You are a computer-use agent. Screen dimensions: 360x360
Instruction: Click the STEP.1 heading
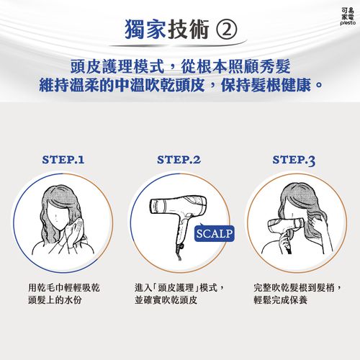pyautogui.click(x=63, y=160)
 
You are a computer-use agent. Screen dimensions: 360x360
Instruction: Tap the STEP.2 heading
pyautogui.click(x=179, y=160)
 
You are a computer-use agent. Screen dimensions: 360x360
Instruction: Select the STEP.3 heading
pyautogui.click(x=294, y=161)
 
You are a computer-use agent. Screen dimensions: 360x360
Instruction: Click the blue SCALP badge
pyautogui.click(x=214, y=233)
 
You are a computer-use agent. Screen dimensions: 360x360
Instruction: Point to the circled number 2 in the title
pyautogui.click(x=227, y=30)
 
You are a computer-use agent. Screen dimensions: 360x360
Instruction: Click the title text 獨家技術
pyautogui.click(x=167, y=30)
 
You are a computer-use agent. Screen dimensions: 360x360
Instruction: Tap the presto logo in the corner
pyautogui.click(x=348, y=16)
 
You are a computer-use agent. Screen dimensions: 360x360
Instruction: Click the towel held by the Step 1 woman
pyautogui.click(x=78, y=228)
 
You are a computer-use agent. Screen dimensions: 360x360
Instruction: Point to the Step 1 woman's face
pyautogui.click(x=58, y=218)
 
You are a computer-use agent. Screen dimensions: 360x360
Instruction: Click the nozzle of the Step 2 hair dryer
pyautogui.click(x=156, y=207)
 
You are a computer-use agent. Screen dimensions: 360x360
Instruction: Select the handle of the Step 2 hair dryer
pyautogui.click(x=181, y=230)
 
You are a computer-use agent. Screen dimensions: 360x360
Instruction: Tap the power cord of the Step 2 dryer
pyautogui.click(x=179, y=254)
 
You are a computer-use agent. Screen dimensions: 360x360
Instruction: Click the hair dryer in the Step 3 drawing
pyautogui.click(x=286, y=230)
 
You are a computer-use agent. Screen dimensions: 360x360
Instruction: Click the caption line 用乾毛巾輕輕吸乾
pyautogui.click(x=64, y=288)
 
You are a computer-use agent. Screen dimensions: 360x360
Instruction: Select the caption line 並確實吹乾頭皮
pyautogui.click(x=166, y=300)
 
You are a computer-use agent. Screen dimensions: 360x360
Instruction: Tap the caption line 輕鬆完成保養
pyautogui.click(x=281, y=300)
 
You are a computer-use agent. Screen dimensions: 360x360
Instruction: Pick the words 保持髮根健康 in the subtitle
pyautogui.click(x=266, y=85)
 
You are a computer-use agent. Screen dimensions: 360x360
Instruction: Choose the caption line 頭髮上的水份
pyautogui.click(x=55, y=300)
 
